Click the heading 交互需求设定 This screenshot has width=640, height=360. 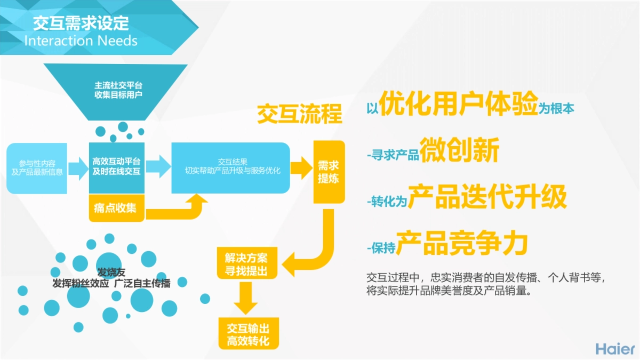(81, 23)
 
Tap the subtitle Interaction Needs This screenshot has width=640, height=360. (81, 41)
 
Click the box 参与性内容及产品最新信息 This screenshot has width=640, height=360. (37, 168)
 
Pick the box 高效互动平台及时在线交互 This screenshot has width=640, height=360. (117, 167)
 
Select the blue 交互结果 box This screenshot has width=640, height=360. (230, 167)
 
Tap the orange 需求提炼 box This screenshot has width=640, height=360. (329, 172)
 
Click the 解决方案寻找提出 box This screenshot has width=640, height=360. (247, 262)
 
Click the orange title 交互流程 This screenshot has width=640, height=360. (299, 114)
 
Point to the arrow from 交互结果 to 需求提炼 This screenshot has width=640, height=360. (302, 167)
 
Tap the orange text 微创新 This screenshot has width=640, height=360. (459, 150)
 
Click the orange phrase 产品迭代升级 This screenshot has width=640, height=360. (487, 197)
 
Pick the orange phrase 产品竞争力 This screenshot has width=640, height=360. (462, 243)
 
